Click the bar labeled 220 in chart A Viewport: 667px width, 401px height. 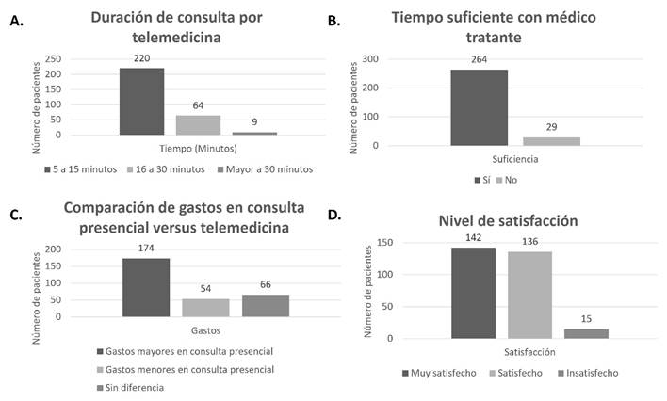[x=142, y=101]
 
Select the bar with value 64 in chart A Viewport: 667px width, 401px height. [x=199, y=124]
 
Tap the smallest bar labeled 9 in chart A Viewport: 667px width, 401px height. [x=255, y=133]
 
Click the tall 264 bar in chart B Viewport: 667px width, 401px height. [x=479, y=107]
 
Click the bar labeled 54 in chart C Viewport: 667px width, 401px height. [x=204, y=308]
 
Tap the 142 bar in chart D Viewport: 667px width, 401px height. [x=473, y=293]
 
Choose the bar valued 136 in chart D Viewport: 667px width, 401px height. [x=529, y=295]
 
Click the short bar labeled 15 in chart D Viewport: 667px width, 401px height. [x=586, y=333]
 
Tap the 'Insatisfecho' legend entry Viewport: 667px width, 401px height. [x=589, y=373]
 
